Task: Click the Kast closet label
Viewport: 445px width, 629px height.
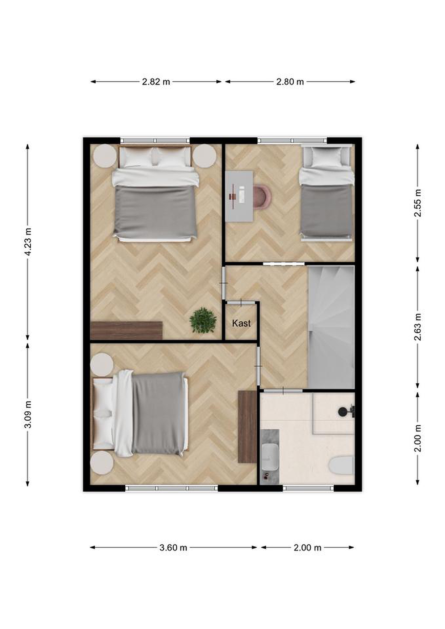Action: [241, 323]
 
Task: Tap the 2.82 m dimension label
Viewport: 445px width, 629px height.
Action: [156, 82]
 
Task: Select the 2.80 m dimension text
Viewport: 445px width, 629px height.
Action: [290, 82]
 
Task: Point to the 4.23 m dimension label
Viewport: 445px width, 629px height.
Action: [28, 242]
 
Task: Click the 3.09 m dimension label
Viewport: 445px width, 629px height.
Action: [28, 414]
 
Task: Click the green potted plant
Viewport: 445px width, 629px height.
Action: [203, 320]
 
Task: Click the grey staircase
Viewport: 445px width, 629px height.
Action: [332, 327]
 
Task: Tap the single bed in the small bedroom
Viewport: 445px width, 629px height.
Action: [326, 193]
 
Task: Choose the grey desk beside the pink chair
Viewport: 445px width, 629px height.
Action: [239, 196]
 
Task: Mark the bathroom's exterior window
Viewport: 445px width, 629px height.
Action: [308, 488]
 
